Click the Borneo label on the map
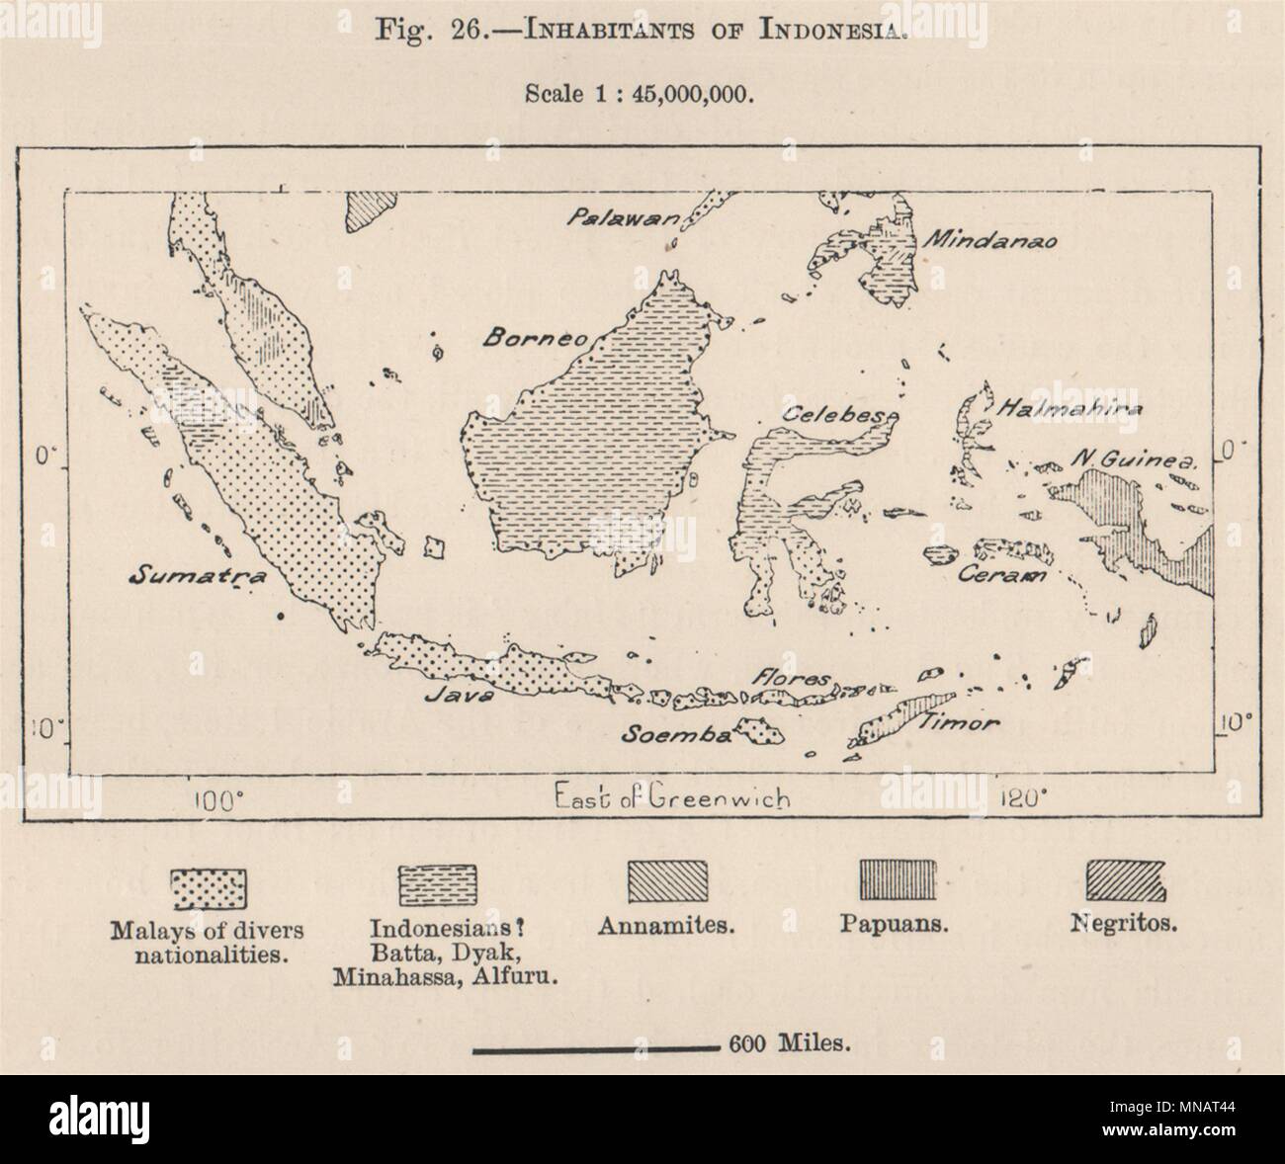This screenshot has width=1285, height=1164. pyautogui.click(x=535, y=336)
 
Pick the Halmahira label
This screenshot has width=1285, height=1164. pyautogui.click(x=1057, y=408)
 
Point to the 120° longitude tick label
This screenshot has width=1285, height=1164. pyautogui.click(x=1018, y=798)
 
